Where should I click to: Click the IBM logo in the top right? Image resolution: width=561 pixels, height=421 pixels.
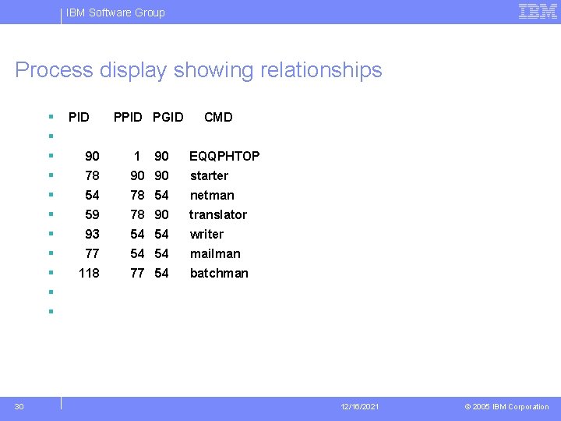click(x=538, y=11)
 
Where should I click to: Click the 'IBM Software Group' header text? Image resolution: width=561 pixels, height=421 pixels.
click(x=115, y=12)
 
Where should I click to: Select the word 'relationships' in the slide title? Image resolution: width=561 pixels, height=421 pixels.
click(x=317, y=70)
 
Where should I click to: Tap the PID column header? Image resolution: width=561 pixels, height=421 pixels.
click(x=79, y=117)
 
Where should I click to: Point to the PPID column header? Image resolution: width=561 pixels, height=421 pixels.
click(x=128, y=117)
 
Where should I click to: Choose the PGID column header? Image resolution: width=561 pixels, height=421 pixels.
click(x=168, y=117)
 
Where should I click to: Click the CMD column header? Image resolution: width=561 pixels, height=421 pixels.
click(x=218, y=117)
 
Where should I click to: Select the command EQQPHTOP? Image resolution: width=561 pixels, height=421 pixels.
click(x=224, y=156)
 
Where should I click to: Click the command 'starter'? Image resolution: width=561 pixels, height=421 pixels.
click(x=209, y=175)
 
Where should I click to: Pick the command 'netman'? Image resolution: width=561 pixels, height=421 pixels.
click(x=212, y=195)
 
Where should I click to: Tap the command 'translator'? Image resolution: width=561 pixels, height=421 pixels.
click(x=218, y=214)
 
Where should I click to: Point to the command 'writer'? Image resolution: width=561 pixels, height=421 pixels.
click(x=206, y=234)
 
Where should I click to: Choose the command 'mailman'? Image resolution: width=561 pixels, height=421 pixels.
click(x=215, y=253)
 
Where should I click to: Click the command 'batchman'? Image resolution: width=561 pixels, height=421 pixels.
click(x=219, y=273)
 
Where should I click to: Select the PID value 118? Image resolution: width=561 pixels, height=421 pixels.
click(x=89, y=273)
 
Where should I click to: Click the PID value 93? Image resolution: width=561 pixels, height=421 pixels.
click(x=92, y=234)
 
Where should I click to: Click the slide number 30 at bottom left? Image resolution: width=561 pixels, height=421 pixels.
click(x=19, y=406)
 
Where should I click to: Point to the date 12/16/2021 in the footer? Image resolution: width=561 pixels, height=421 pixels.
click(x=360, y=407)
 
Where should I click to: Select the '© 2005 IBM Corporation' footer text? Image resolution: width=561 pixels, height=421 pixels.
click(x=506, y=407)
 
